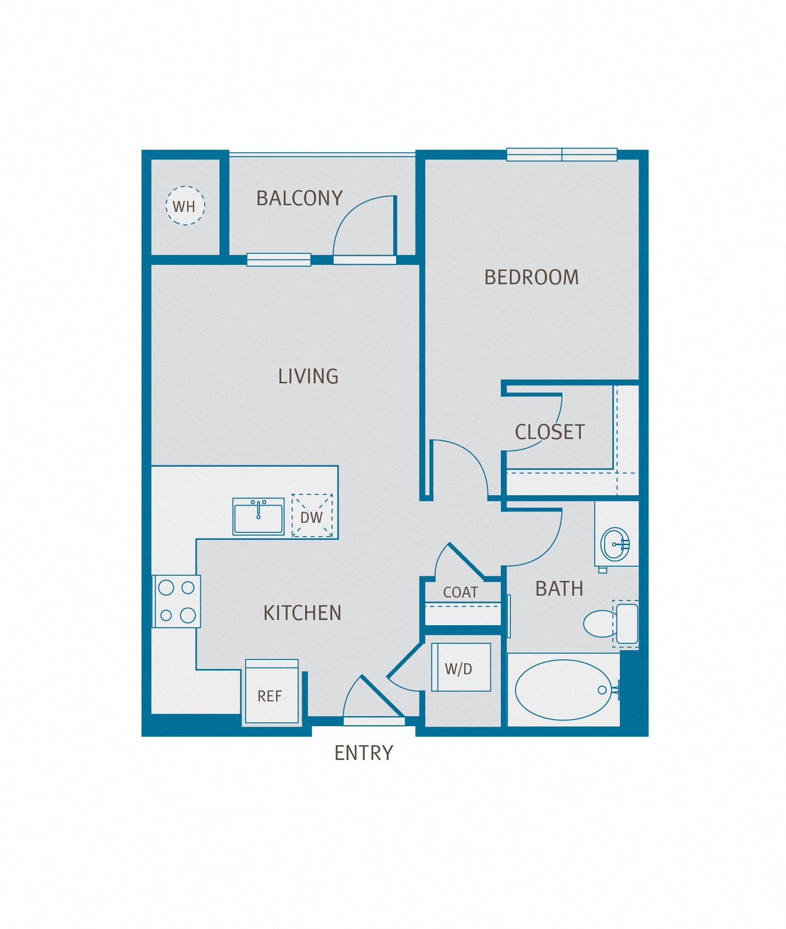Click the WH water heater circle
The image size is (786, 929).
point(185,205)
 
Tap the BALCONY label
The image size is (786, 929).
point(299,198)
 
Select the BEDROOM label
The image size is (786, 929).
point(531,277)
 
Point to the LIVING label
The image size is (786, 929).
point(308,376)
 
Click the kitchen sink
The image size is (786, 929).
point(258,517)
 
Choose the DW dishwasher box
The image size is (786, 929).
point(312,516)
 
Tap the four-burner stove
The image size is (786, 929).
point(177,601)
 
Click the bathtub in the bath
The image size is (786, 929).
point(563,689)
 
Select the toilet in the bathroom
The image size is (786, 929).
point(601,623)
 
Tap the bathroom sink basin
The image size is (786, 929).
point(616,544)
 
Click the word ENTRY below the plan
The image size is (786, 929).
point(364,753)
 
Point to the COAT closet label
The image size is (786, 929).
point(460,592)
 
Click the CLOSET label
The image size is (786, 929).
point(549,432)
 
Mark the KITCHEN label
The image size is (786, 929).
point(302,613)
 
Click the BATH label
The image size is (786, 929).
point(559,589)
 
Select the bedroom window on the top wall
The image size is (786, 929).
point(561,154)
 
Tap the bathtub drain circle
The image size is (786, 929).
point(602,690)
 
